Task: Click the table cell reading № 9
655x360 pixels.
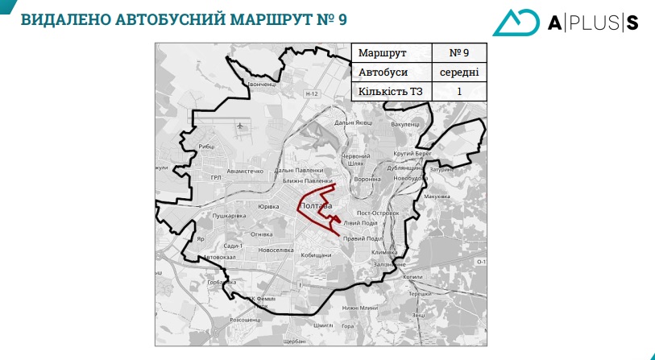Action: (459, 53)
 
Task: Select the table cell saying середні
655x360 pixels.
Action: (459, 72)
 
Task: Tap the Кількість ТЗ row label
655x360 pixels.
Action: (391, 91)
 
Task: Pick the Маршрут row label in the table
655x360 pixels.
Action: (382, 53)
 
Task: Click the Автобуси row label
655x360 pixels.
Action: (383, 72)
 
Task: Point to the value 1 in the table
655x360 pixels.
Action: (459, 91)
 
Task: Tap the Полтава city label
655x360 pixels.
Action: (317, 208)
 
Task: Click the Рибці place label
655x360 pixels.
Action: (206, 146)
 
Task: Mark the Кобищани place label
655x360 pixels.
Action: (316, 255)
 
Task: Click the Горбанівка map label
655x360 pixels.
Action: (220, 283)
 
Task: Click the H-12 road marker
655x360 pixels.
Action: (313, 94)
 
